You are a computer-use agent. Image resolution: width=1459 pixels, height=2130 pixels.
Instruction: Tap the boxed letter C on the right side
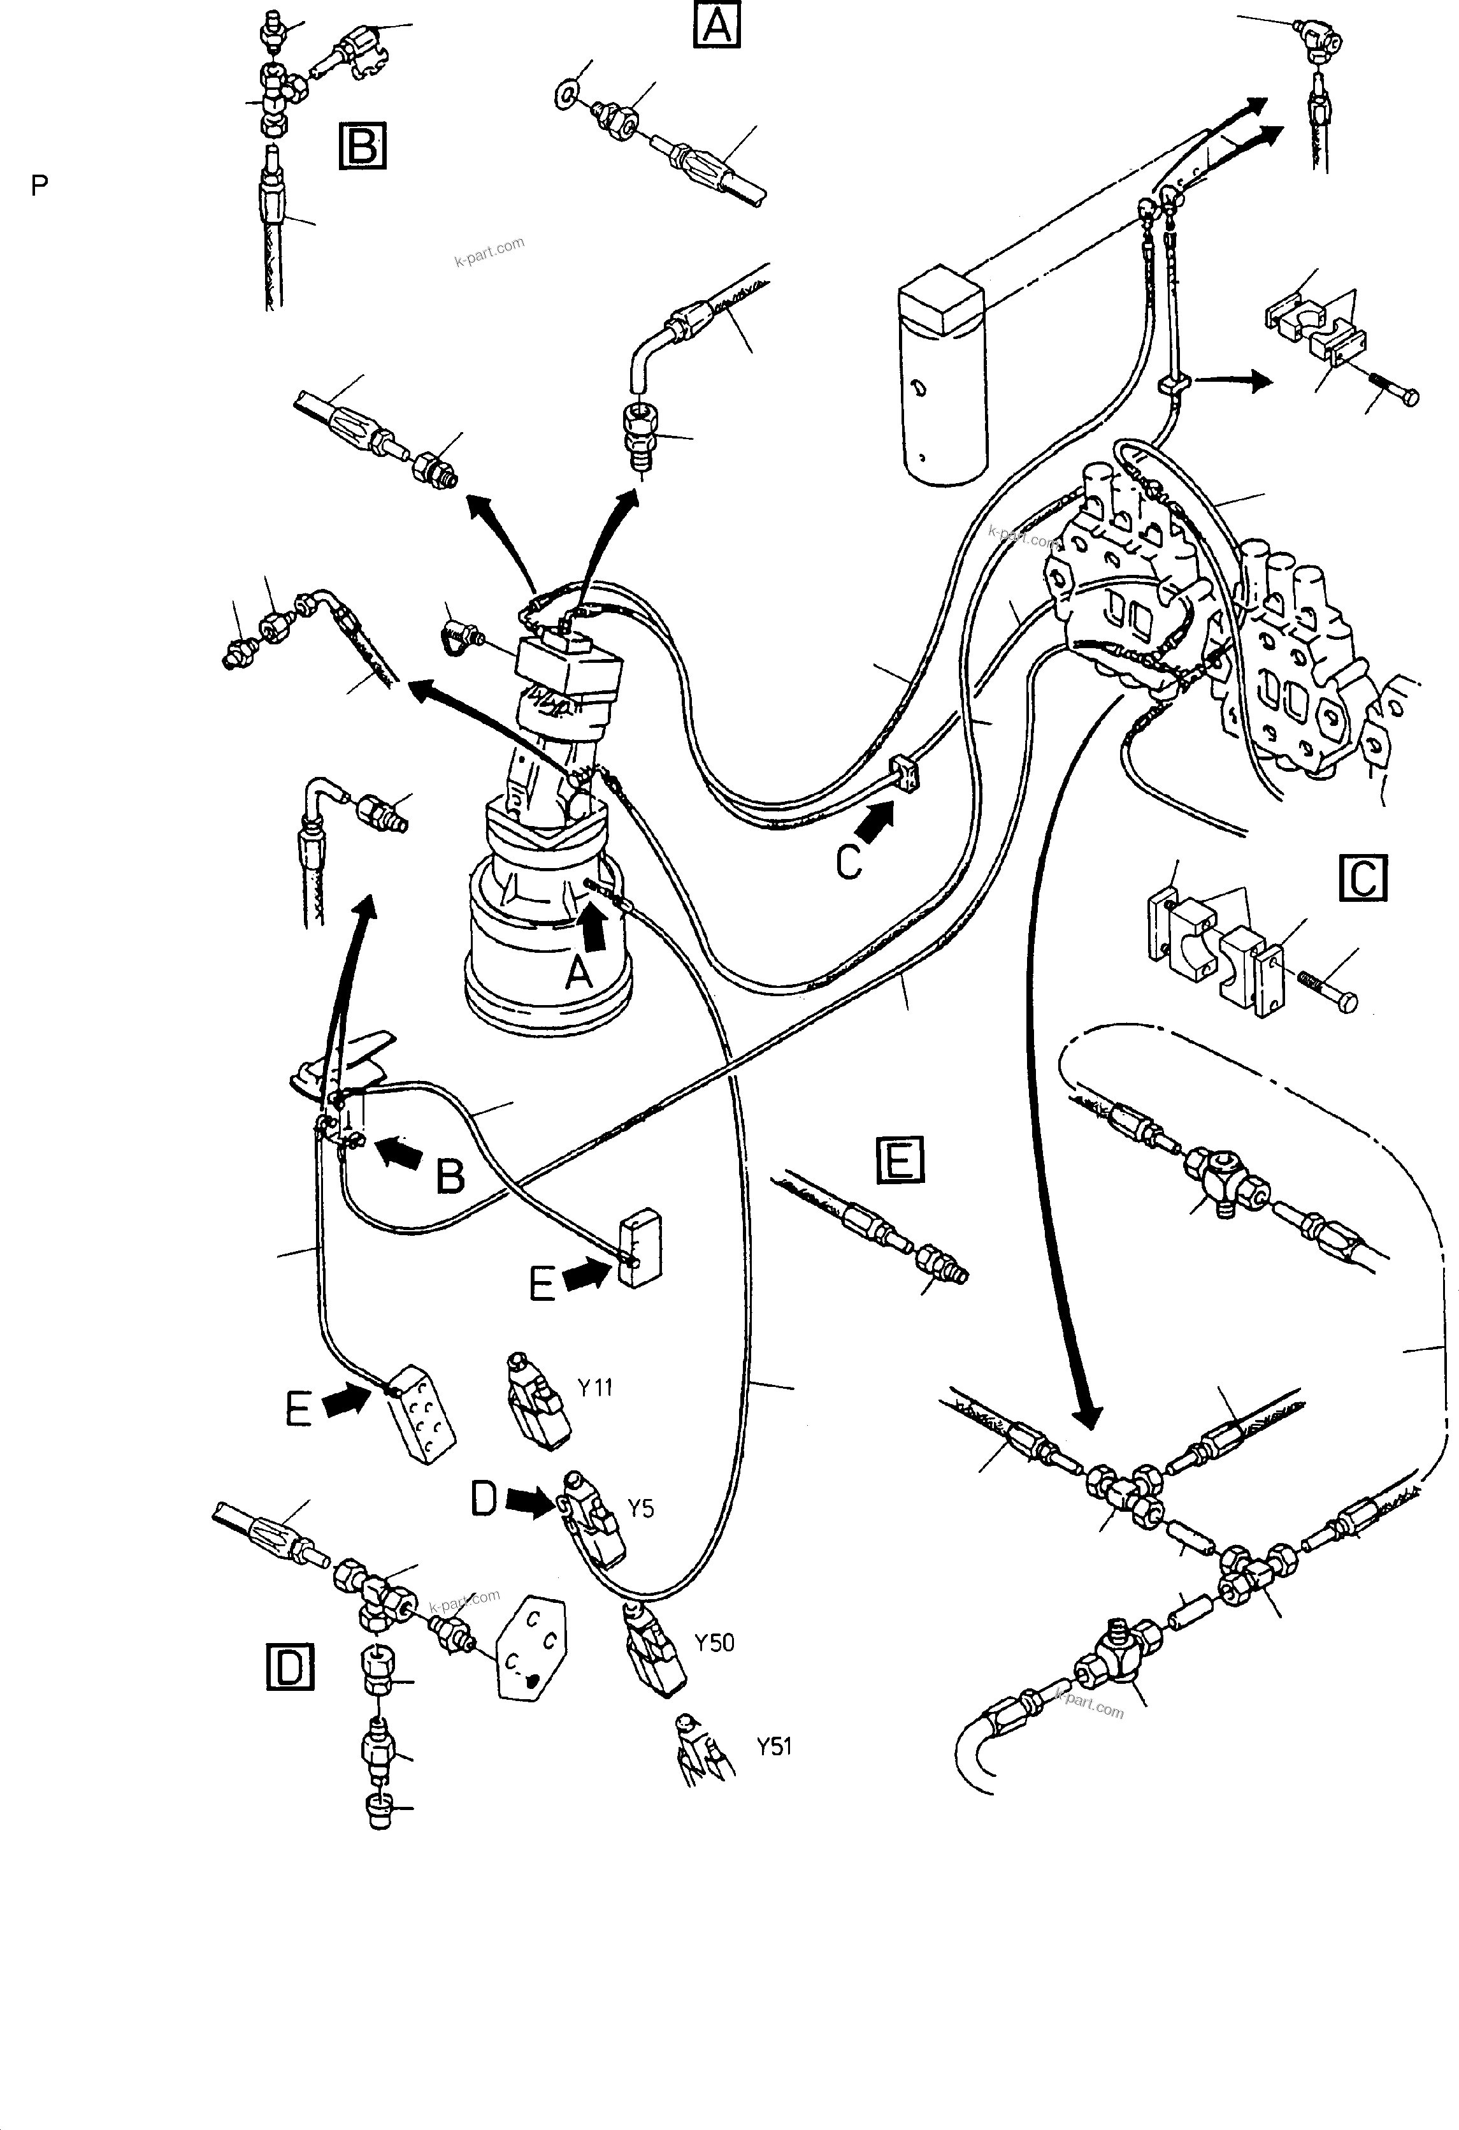click(x=1363, y=878)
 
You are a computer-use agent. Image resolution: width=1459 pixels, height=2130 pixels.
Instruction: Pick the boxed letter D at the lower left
click(x=290, y=1666)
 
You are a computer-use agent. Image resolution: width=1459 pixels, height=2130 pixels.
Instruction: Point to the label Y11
click(x=596, y=1387)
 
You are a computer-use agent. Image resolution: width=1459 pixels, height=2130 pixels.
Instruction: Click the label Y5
click(x=640, y=1509)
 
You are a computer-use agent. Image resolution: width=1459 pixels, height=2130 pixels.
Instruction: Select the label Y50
click(x=715, y=1642)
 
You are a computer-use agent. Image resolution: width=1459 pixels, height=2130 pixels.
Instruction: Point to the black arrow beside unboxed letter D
click(x=529, y=1500)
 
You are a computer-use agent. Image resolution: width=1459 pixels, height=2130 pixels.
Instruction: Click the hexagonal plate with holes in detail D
click(x=531, y=1649)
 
